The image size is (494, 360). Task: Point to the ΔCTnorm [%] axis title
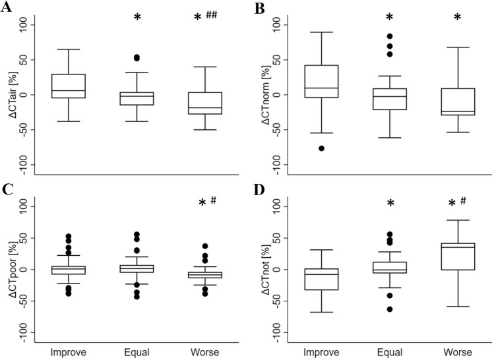pos(261,94)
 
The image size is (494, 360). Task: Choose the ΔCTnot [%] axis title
pos(261,270)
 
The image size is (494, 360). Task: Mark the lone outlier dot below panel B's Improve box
pos(321,148)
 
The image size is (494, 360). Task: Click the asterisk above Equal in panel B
pos(384,17)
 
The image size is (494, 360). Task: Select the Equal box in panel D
pos(384,267)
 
